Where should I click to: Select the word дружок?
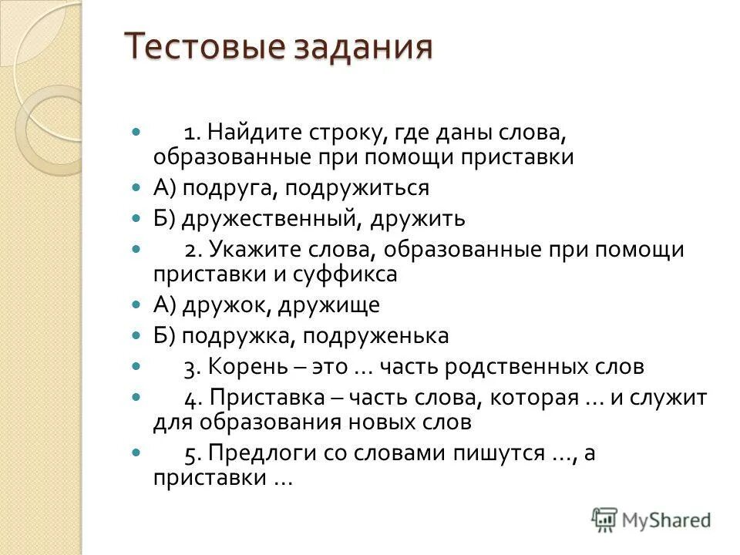220,305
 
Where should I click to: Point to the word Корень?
244,368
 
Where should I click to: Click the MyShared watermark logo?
651,520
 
